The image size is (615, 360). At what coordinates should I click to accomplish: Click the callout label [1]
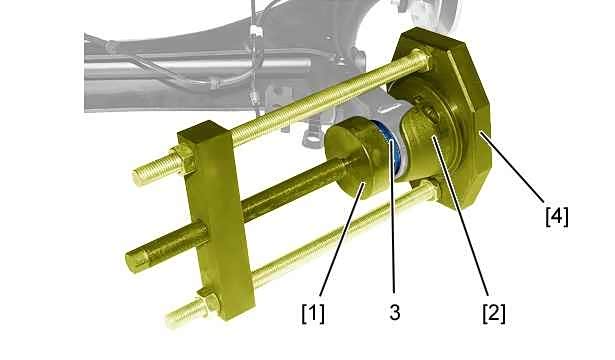tap(313, 314)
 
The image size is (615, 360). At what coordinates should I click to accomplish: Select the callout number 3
tap(395, 313)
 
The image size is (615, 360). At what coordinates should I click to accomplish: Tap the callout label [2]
tap(494, 314)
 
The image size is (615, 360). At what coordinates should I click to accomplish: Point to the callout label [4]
tap(557, 216)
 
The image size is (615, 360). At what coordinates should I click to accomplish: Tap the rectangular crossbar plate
tap(214, 220)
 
